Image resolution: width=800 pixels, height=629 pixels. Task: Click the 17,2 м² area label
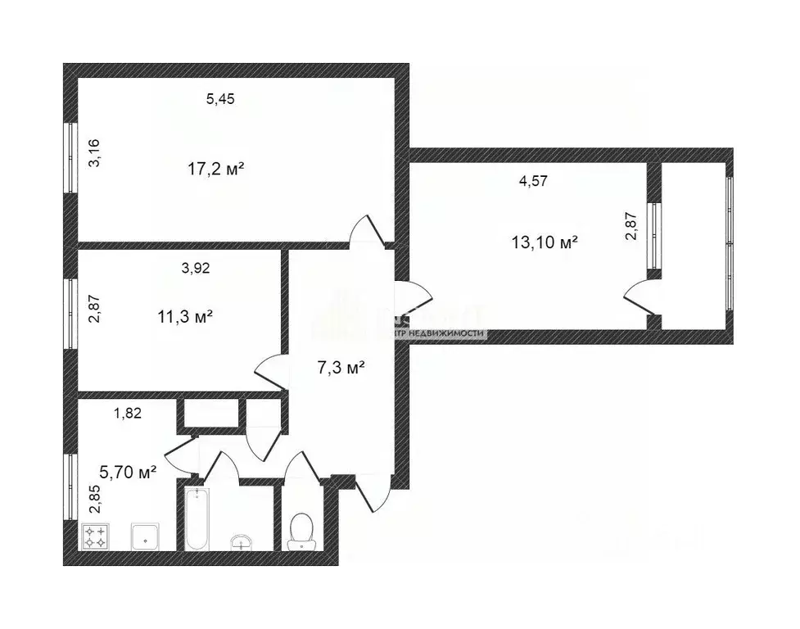216,170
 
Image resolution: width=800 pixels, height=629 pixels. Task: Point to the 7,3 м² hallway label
340,368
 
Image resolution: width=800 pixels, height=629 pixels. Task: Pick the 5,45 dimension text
220,99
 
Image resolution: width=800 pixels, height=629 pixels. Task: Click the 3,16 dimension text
95,153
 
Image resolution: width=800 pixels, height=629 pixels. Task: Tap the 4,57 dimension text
532,182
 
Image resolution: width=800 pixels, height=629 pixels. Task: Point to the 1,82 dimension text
128,413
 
